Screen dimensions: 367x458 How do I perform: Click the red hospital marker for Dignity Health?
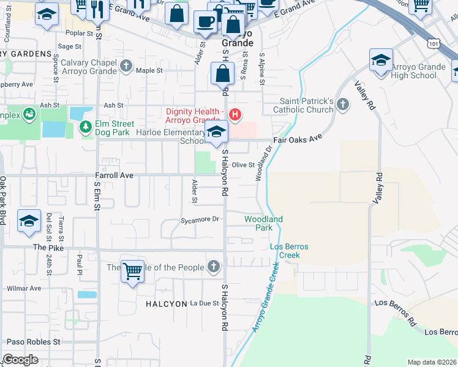pyautogui.click(x=233, y=114)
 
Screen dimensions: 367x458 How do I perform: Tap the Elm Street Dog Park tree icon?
pyautogui.click(x=86, y=127)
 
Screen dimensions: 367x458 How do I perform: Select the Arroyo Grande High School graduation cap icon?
pyautogui.click(x=381, y=61)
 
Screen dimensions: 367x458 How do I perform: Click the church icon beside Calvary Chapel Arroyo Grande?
pyautogui.click(x=126, y=65)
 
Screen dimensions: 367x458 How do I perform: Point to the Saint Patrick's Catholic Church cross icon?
pyautogui.click(x=343, y=105)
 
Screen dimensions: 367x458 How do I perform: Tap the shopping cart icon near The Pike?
pyautogui.click(x=133, y=271)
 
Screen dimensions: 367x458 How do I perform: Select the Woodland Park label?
pyautogui.click(x=263, y=223)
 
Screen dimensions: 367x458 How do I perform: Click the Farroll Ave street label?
pyautogui.click(x=114, y=175)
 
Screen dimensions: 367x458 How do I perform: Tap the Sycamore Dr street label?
pyautogui.click(x=200, y=219)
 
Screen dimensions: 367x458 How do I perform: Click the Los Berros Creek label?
pyautogui.click(x=289, y=251)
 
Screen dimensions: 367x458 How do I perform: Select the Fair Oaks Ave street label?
pyautogui.click(x=298, y=139)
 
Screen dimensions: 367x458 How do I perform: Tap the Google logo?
pyautogui.click(x=20, y=360)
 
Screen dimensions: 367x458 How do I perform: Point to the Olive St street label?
pyautogui.click(x=242, y=165)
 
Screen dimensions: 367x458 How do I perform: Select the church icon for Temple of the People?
pyautogui.click(x=213, y=266)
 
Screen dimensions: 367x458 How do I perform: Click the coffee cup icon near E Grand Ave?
pyautogui.click(x=205, y=21)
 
